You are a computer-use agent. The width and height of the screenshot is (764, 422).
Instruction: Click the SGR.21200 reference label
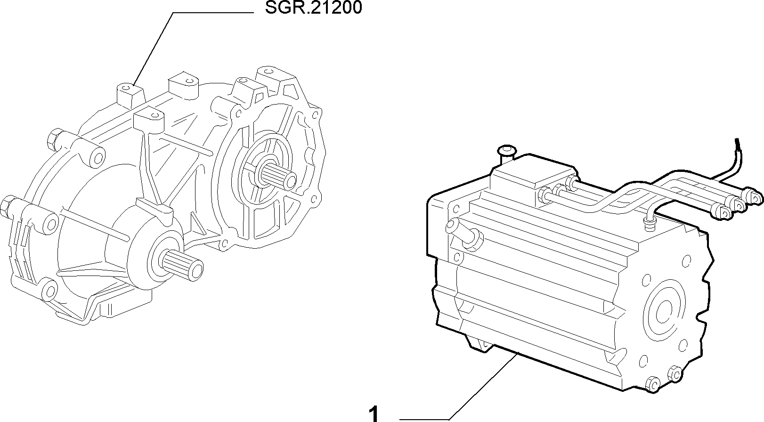(x=313, y=8)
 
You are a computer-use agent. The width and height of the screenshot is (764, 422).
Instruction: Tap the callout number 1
(x=374, y=414)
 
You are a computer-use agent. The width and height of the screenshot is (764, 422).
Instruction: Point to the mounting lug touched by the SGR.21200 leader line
(x=130, y=94)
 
